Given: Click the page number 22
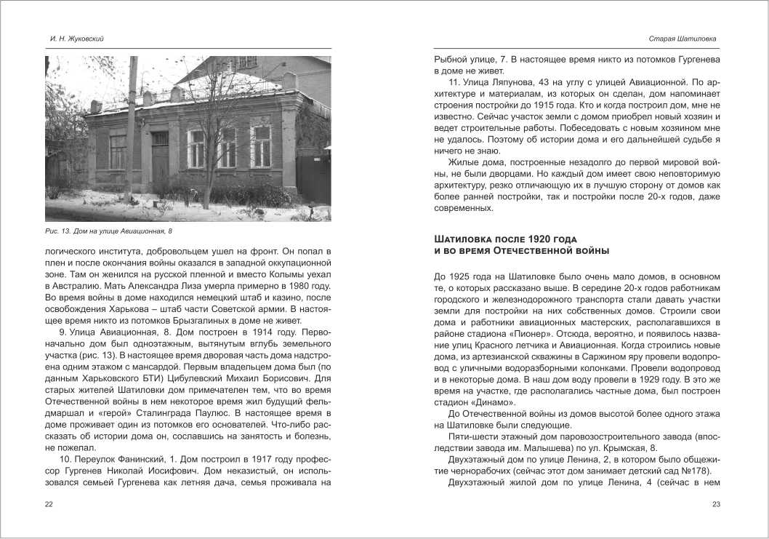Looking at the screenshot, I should tap(49, 504).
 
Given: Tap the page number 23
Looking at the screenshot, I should tap(716, 504).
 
